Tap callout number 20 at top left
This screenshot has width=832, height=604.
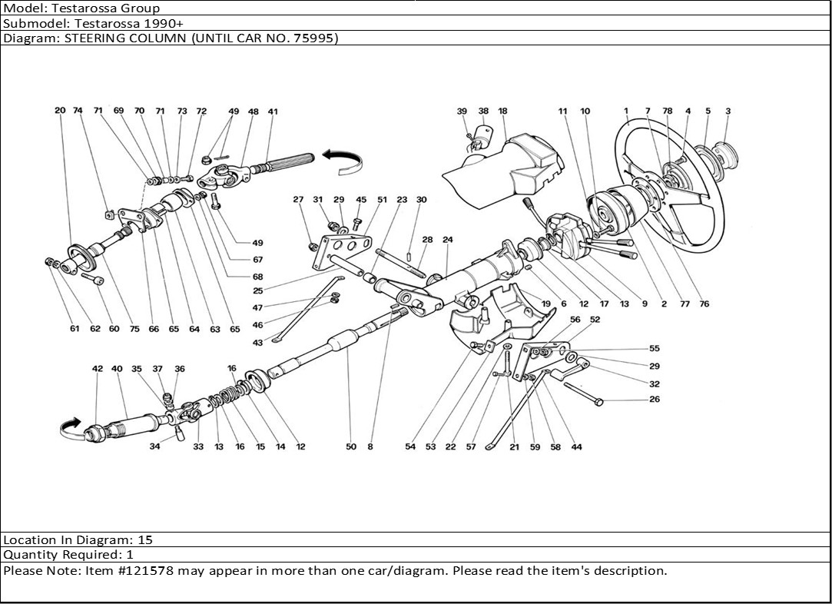coord(60,111)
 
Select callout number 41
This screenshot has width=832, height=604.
coord(273,111)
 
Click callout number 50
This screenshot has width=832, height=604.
coord(351,446)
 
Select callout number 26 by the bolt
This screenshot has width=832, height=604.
coord(654,400)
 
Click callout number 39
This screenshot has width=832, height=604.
coord(462,111)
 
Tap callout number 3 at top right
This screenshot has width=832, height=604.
coord(728,111)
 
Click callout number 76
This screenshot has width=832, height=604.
coord(704,304)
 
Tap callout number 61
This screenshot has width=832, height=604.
coord(75,329)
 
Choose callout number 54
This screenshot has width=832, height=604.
coord(410,446)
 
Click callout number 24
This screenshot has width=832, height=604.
coord(448,240)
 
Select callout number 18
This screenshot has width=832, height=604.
coord(502,111)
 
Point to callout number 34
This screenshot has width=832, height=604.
coord(155,446)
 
